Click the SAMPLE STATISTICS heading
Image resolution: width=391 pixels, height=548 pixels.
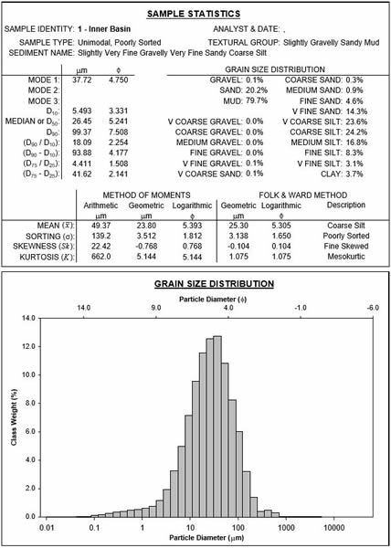click(x=193, y=14)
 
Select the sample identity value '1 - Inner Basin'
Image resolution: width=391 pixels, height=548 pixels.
click(x=104, y=29)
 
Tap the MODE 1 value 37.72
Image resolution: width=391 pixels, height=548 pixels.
click(x=82, y=79)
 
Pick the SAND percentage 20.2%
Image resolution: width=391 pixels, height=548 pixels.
click(x=259, y=90)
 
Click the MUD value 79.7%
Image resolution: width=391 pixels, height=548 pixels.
click(x=259, y=101)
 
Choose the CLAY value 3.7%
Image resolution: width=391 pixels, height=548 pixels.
click(x=355, y=174)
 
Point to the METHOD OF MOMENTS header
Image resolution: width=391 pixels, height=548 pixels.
click(x=146, y=195)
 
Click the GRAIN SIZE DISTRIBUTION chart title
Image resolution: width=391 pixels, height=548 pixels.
click(x=214, y=284)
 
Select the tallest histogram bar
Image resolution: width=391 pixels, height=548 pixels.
click(x=217, y=392)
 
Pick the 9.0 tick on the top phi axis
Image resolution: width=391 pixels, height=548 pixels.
click(x=156, y=308)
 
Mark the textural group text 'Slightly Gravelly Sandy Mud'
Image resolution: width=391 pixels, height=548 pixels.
click(x=332, y=43)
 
